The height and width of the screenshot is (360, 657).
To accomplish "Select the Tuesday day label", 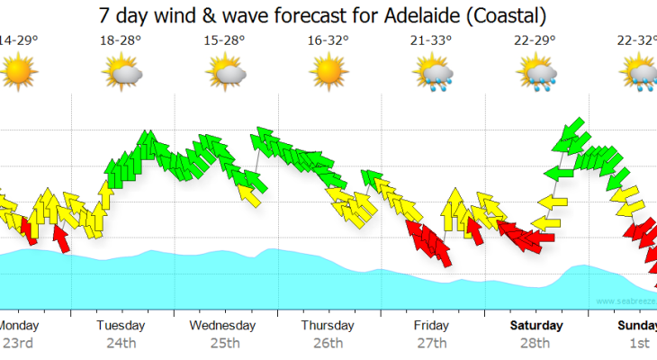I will click(121, 325).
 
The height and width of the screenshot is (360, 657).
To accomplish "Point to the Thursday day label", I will click(328, 325).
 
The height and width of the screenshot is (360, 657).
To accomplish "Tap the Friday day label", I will click(432, 325).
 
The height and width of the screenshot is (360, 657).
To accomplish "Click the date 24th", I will click(121, 343).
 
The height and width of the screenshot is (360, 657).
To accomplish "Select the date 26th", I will click(328, 343).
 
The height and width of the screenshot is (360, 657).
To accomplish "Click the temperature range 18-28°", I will click(122, 40).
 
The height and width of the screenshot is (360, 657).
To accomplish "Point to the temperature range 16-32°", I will click(328, 40).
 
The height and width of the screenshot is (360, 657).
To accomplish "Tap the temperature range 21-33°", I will click(433, 40).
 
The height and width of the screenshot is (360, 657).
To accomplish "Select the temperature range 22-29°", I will click(535, 40).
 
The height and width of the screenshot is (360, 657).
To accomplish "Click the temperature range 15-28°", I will click(225, 40).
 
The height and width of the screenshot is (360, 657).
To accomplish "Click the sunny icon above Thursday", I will click(328, 69).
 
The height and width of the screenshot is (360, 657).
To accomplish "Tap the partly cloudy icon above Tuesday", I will click(122, 70).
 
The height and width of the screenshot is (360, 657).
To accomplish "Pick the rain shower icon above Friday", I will click(433, 71).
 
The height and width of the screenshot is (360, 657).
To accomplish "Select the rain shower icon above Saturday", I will click(536, 71).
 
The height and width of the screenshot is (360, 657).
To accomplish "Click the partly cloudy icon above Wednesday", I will click(226, 70).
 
